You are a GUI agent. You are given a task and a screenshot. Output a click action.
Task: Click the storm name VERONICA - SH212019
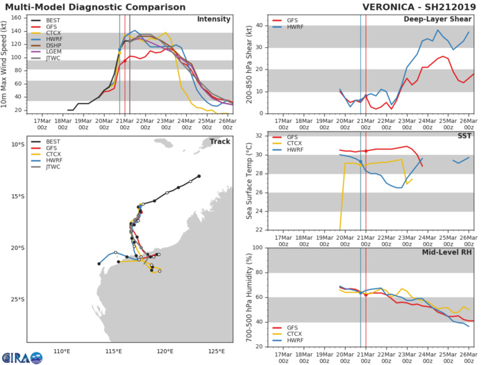click(417, 7)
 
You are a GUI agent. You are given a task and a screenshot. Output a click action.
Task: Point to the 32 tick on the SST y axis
click(258, 136)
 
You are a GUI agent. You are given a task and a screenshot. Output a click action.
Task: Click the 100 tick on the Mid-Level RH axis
click(256, 248)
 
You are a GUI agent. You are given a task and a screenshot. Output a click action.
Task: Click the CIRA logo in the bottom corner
click(22, 356)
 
